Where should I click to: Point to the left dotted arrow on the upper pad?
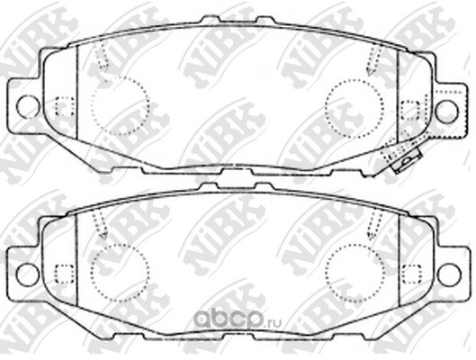pos(102,57)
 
